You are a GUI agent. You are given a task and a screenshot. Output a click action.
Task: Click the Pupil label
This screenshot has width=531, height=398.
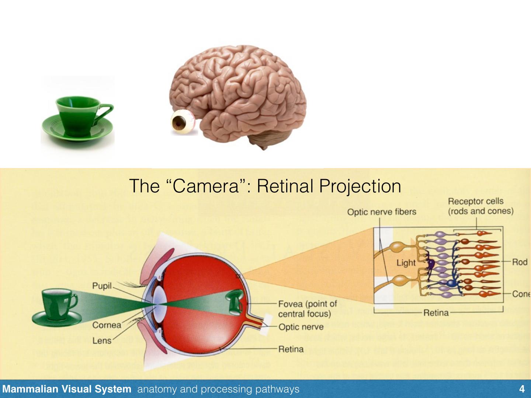click(102, 286)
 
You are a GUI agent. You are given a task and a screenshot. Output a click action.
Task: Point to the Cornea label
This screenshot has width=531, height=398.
click(107, 325)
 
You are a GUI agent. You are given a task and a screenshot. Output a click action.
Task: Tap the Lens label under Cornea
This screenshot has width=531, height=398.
click(102, 341)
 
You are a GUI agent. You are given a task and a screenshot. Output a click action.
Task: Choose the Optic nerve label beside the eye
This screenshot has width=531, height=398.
click(301, 327)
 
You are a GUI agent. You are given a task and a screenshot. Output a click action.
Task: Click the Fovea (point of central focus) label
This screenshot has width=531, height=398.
click(308, 309)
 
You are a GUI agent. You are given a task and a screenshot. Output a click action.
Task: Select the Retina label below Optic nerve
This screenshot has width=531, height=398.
click(291, 349)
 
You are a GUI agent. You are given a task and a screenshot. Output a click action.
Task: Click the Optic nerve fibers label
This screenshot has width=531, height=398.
click(382, 212)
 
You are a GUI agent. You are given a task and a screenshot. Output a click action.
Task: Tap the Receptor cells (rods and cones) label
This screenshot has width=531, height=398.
click(480, 206)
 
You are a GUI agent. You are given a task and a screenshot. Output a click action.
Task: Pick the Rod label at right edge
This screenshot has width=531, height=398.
click(520, 262)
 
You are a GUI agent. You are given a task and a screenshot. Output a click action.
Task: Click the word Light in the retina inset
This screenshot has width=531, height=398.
click(406, 263)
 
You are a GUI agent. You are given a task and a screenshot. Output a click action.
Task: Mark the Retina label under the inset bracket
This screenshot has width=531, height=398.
click(436, 313)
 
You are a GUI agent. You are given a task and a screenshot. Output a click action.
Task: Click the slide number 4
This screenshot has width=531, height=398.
click(521, 389)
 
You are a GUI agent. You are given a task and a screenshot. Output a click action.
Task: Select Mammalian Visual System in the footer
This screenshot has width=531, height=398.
click(67, 389)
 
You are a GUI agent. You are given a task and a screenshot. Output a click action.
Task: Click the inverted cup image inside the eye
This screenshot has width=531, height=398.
click(235, 301)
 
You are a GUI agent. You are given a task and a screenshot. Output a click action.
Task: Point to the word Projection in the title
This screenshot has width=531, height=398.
click(360, 186)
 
